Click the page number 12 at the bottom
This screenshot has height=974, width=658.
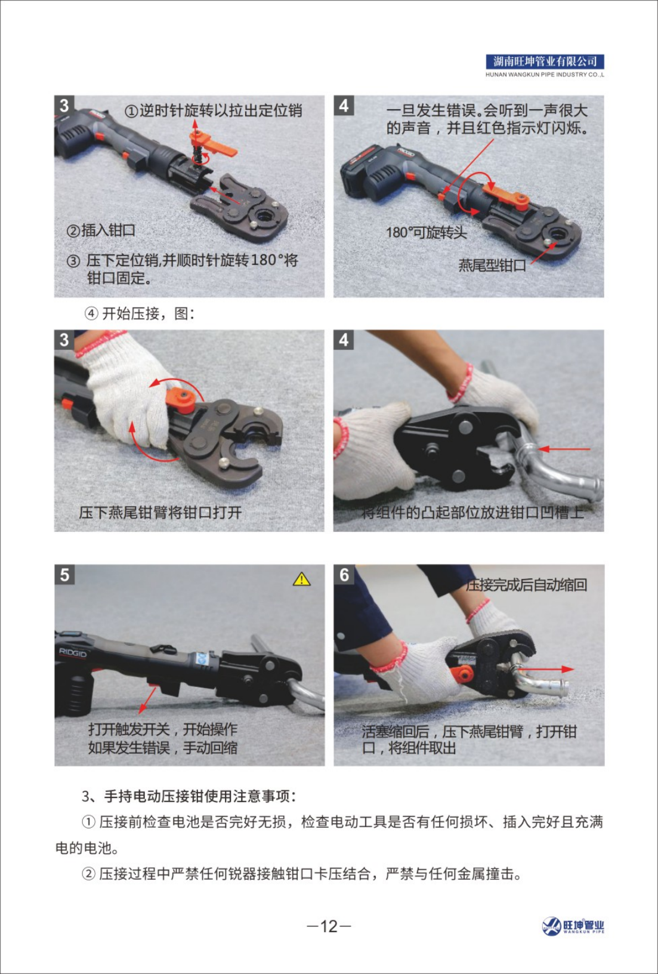click(329, 927)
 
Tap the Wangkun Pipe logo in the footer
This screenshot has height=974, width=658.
click(573, 926)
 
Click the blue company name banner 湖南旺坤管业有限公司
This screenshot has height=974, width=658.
click(545, 61)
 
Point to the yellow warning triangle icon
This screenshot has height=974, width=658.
click(301, 579)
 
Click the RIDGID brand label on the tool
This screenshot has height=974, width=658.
click(73, 653)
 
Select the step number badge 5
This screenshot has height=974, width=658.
click(64, 575)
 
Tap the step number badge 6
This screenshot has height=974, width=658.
click(344, 575)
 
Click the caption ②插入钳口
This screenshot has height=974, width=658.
click(101, 230)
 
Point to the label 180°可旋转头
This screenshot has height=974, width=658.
click(427, 233)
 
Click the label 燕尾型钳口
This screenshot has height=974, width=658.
click(492, 265)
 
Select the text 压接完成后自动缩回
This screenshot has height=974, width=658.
click(526, 585)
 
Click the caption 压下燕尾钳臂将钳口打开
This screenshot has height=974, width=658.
click(160, 512)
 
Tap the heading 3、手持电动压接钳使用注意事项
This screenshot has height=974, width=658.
click(189, 796)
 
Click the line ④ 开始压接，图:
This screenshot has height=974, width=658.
click(140, 313)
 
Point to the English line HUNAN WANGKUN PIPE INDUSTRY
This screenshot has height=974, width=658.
click(545, 75)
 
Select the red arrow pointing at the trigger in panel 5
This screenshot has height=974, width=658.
click(148, 699)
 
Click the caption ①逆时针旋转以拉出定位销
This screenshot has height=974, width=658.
click(214, 110)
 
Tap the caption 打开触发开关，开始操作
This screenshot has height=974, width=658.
click(163, 728)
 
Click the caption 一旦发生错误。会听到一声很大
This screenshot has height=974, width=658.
click(487, 110)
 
